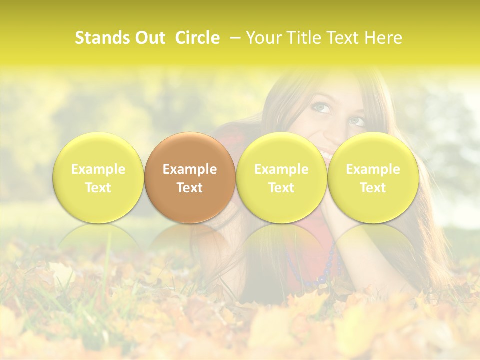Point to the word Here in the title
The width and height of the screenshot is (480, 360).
384,38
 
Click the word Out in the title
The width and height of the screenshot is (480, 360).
150,38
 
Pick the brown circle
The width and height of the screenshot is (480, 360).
190,178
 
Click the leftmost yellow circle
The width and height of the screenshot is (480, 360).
98,178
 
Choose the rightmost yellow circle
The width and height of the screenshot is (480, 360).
373,178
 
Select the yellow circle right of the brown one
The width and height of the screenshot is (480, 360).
281,178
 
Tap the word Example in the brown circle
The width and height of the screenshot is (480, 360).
190,169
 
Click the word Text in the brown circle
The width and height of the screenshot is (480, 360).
190,188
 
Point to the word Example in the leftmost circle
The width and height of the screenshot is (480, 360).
98,169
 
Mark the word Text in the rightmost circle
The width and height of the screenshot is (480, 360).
373,188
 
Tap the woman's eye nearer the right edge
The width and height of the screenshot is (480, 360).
357,121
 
